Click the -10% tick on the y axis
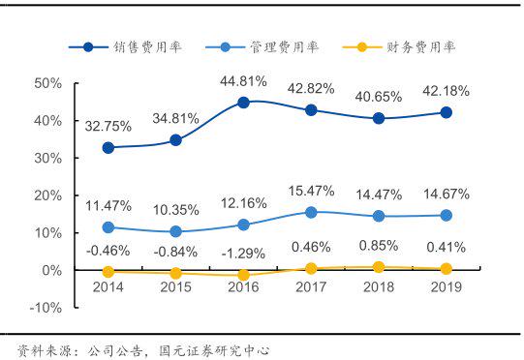point(46,308)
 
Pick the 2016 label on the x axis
point(243,287)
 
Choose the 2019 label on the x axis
point(446,287)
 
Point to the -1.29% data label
point(243,252)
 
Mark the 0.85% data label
point(379,245)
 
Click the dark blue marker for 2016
point(243,102)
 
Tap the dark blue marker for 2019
point(446,112)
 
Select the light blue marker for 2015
point(175,231)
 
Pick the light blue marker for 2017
point(311,212)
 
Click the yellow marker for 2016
point(243,275)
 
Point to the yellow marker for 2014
point(108,272)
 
